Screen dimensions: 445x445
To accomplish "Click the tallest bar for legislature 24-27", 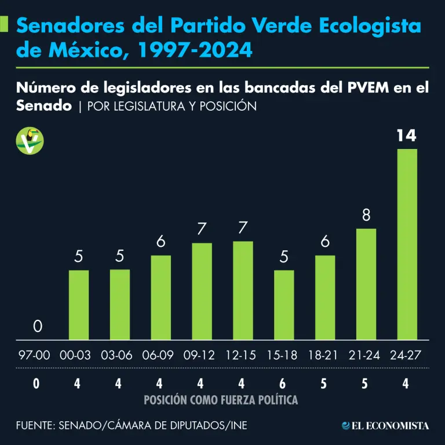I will (x=407, y=244).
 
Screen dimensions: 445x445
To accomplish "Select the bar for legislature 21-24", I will (x=366, y=284).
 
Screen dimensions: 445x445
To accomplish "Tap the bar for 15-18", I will (x=284, y=305).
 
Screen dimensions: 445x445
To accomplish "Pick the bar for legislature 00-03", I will (x=79, y=305).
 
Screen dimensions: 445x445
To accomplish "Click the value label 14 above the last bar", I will (x=407, y=136).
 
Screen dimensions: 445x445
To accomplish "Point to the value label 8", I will (x=366, y=216).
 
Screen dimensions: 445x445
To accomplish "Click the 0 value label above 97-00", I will (x=38, y=327).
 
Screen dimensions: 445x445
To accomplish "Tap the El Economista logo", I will (x=385, y=426).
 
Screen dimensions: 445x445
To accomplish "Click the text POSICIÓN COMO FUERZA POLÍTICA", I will (x=221, y=400).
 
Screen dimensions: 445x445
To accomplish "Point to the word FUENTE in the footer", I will (x=34, y=426).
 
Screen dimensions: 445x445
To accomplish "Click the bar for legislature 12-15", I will (x=243, y=290).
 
